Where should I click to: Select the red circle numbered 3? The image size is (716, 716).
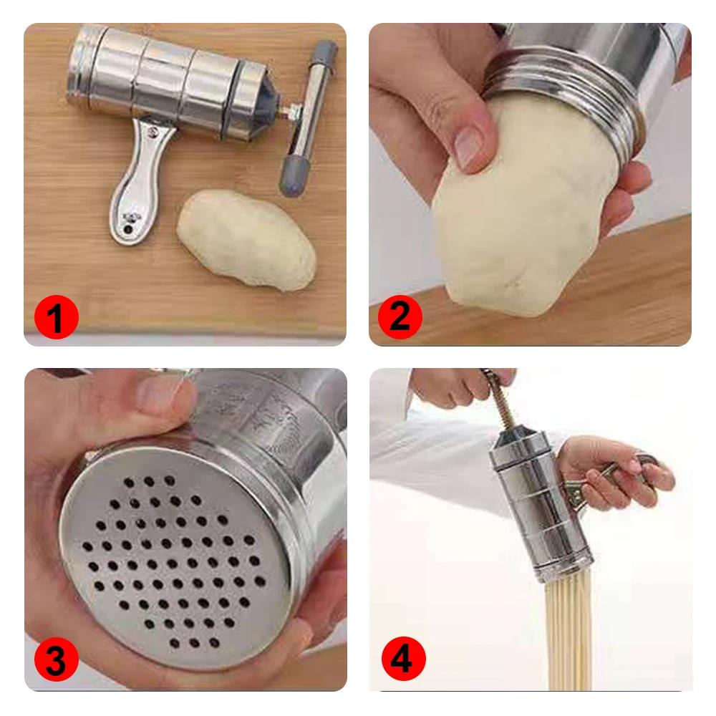pos(55,662)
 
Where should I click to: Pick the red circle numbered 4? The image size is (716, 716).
pos(400,659)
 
